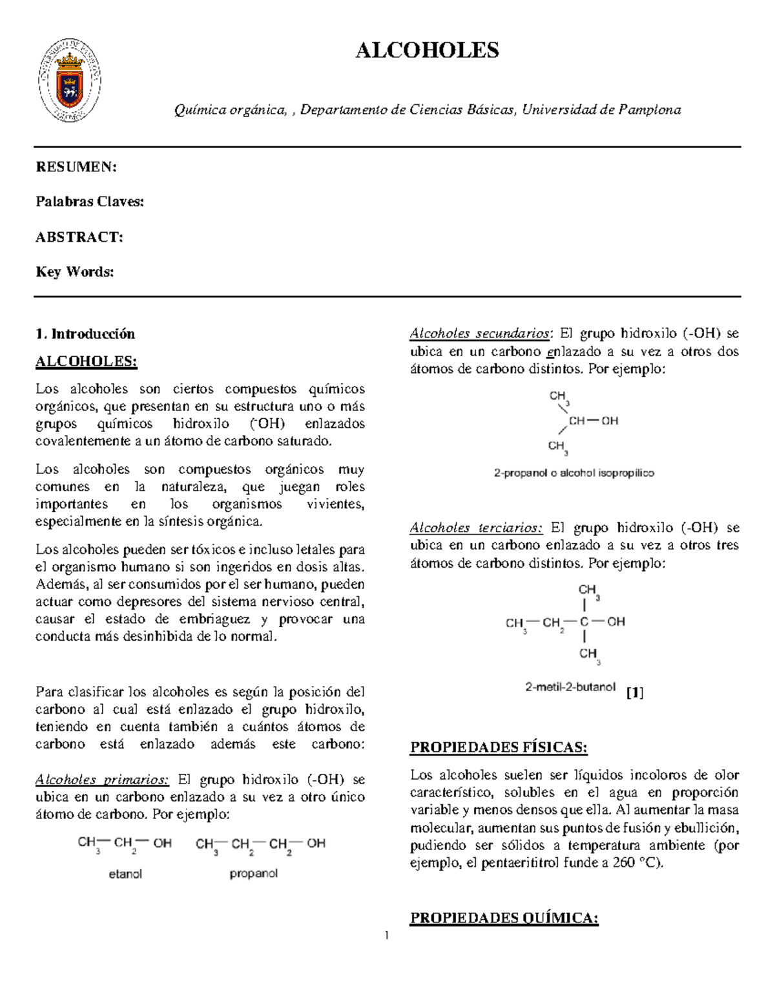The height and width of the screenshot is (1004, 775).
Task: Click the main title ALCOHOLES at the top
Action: point(427,50)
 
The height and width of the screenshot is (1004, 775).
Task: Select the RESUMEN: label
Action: point(76,167)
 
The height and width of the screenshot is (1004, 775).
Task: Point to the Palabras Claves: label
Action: point(90,202)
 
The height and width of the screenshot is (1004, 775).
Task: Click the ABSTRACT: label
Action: point(79,237)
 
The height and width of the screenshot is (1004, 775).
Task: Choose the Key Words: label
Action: point(75,272)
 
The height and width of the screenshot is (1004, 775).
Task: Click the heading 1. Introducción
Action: point(85,334)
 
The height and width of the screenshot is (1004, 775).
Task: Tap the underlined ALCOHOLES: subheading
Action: point(87,361)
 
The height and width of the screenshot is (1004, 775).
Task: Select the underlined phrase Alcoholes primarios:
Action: point(103,780)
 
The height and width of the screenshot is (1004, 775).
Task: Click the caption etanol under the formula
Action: point(125,874)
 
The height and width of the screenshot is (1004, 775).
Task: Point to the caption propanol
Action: point(254,874)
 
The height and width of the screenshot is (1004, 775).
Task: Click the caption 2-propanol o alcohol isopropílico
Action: point(574,473)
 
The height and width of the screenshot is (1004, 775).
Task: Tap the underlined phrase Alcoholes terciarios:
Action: point(477,528)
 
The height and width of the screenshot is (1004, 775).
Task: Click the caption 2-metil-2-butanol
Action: point(570,687)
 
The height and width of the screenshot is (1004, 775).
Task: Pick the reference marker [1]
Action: point(635,693)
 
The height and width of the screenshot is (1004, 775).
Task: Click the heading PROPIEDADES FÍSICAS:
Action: point(499,748)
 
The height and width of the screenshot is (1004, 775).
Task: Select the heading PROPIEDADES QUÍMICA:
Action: point(504,918)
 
